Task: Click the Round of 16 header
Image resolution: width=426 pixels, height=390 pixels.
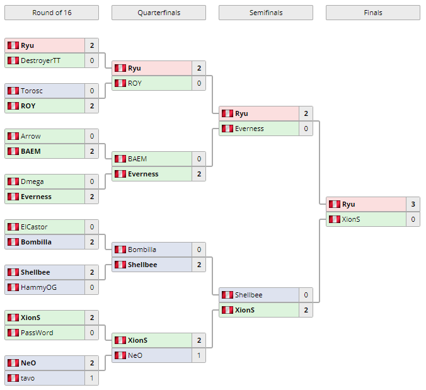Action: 51,13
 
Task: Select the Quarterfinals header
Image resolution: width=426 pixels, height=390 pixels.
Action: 158,13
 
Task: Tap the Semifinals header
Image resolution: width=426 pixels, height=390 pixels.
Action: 265,13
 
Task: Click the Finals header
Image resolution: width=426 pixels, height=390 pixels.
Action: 372,13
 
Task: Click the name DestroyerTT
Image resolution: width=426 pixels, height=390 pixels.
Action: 41,60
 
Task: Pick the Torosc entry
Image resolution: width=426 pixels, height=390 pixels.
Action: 32,91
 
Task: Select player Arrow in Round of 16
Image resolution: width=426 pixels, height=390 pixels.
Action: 30,136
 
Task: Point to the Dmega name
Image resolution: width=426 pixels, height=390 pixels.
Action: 32,181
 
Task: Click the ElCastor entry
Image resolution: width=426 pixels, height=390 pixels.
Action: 34,227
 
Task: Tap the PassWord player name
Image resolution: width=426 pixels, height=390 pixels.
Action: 37,333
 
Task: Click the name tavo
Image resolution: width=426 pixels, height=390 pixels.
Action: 28,378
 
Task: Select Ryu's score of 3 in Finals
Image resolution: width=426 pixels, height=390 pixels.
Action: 413,204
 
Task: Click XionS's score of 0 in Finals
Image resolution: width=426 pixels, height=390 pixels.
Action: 413,219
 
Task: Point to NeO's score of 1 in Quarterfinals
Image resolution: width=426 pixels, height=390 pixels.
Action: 199,355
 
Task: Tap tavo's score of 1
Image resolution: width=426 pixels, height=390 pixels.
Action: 91,378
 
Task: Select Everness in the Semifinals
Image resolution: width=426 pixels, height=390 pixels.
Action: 250,129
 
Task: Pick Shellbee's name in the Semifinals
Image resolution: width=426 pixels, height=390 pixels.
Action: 248,295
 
